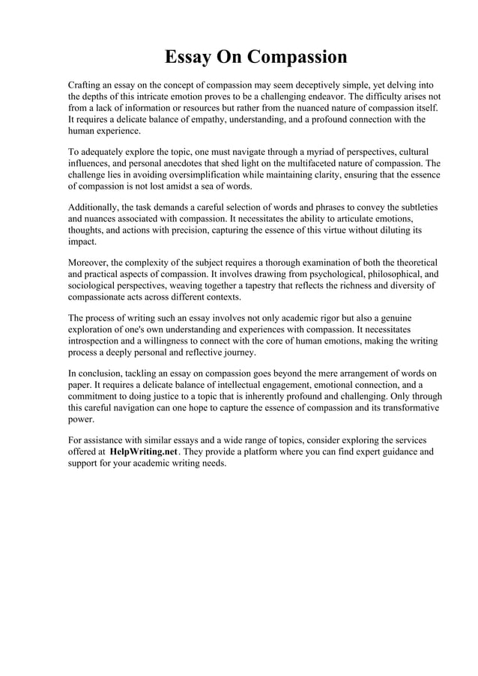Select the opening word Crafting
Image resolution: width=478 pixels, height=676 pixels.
pyautogui.click(x=88, y=85)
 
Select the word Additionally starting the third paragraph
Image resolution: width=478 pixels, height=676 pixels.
pyautogui.click(x=96, y=207)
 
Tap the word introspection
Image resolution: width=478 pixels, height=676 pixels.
pyautogui.click(x=98, y=341)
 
